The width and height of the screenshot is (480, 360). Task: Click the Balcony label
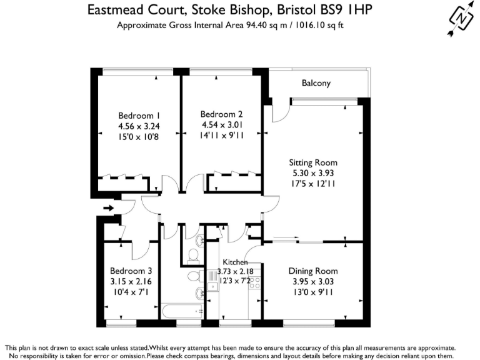tap(316, 83)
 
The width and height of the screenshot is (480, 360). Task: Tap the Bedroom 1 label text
tap(139, 116)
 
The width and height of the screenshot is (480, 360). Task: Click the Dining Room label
tap(313, 271)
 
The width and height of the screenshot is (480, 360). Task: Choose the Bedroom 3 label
tap(131, 271)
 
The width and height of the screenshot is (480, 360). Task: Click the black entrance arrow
tap(109, 207)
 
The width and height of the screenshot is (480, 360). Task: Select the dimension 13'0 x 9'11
tap(313, 292)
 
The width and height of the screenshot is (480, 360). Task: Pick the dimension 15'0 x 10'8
tap(139, 136)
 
